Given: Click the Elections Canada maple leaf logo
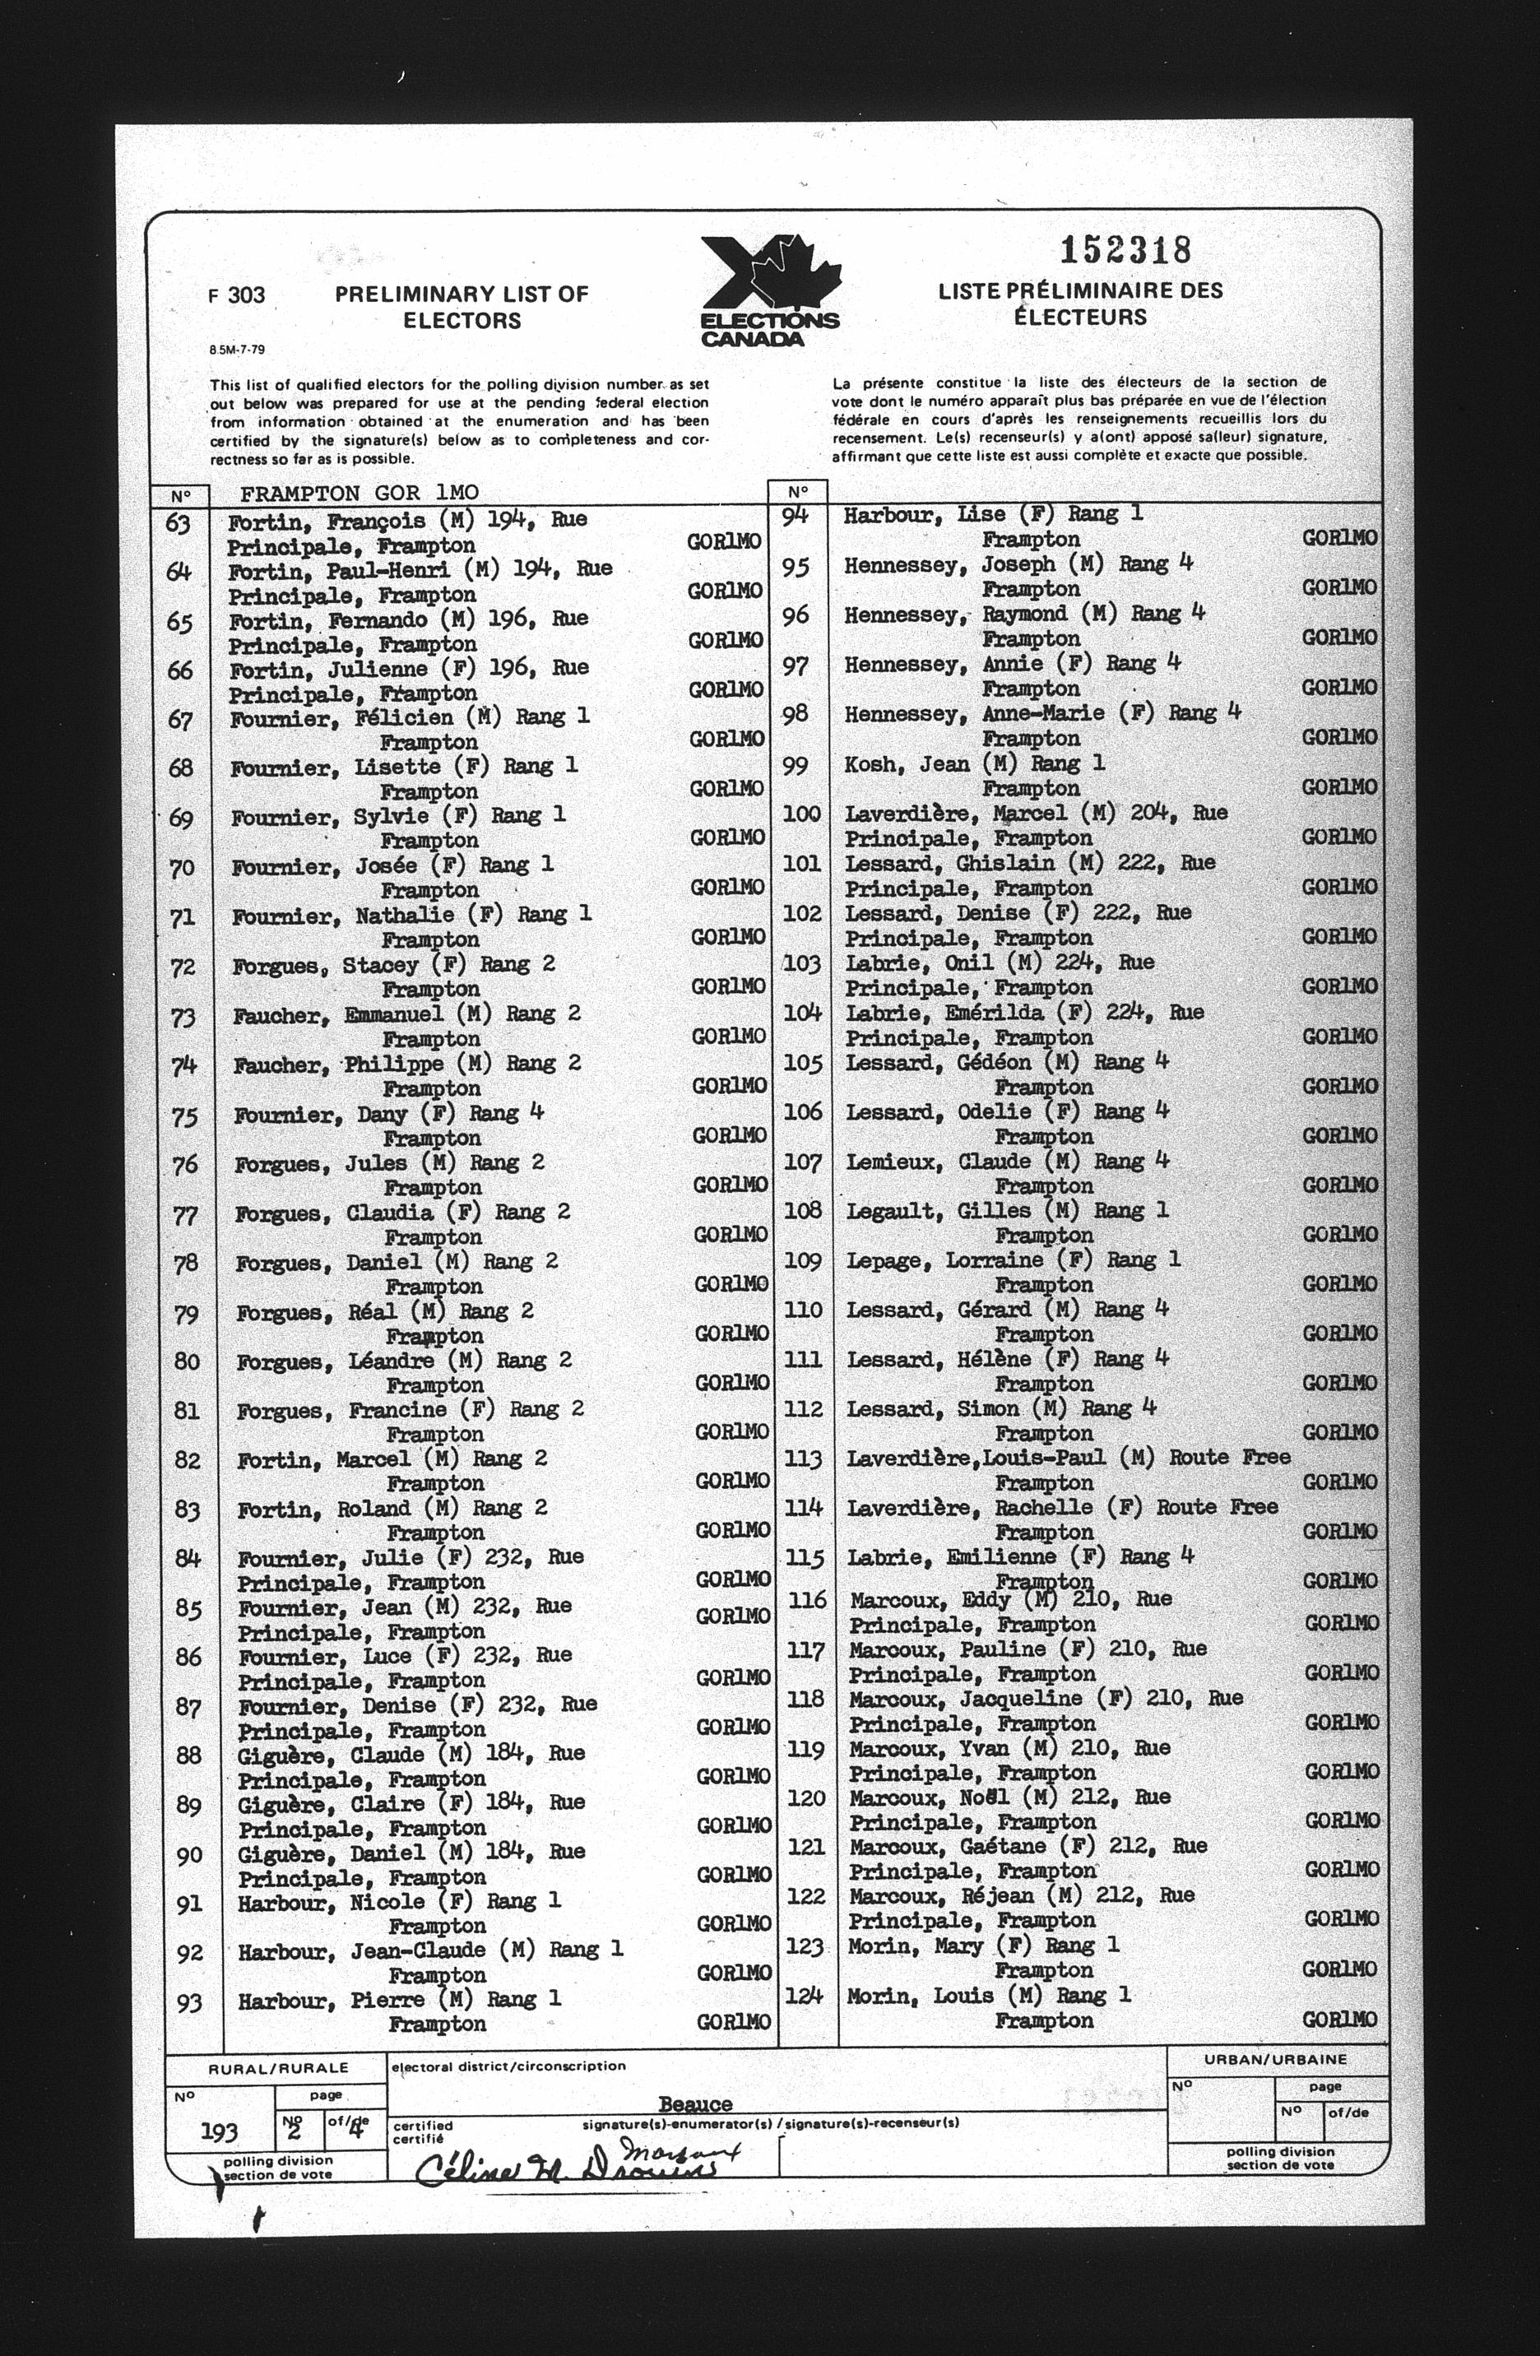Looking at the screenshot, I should point(771,290).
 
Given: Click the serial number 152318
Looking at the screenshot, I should point(1125,250).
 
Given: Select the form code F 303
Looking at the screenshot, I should point(237,295).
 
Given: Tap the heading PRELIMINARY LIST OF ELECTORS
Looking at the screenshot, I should point(462,307).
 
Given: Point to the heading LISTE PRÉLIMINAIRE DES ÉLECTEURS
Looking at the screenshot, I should point(1080,304).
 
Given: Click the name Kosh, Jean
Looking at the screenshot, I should point(906,764).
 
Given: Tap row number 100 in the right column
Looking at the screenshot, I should point(801,814).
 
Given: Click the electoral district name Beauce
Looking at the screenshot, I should point(696,2103).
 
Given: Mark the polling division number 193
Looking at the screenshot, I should point(219,2131).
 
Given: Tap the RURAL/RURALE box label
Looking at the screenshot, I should point(278,2068).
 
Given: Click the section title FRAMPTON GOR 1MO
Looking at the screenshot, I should point(359,493).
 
